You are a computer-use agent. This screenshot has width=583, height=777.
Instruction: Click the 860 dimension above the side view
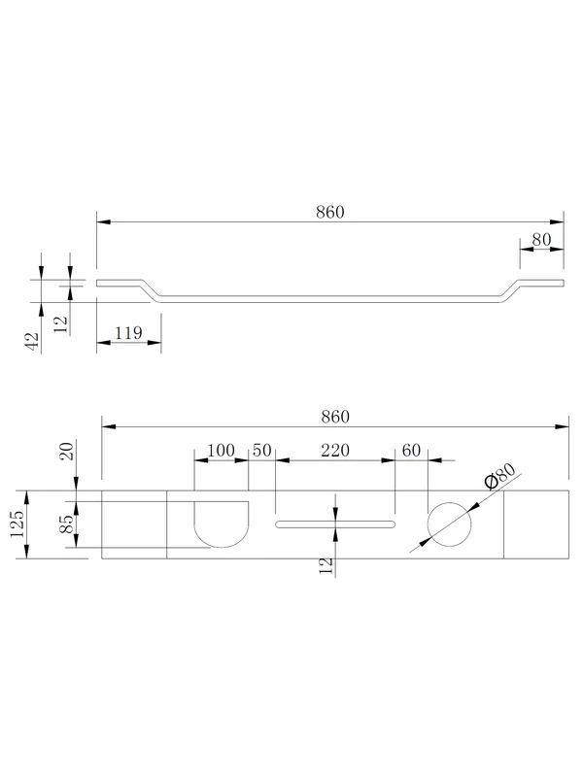click(330, 212)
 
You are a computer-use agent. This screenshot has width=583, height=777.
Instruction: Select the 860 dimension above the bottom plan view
click(335, 417)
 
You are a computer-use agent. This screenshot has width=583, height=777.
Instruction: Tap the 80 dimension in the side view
click(541, 240)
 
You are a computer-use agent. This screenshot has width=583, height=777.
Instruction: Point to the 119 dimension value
click(128, 332)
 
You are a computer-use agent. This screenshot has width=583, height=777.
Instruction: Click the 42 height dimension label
click(32, 341)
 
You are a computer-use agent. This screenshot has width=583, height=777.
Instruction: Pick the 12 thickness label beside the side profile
click(60, 324)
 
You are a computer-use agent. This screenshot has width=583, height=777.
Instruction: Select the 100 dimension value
click(222, 451)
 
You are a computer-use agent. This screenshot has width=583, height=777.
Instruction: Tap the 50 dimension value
click(261, 451)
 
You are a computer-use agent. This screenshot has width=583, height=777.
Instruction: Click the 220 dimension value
click(335, 451)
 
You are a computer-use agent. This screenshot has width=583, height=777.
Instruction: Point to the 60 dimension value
click(411, 451)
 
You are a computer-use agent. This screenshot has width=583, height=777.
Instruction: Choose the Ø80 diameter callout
click(499, 477)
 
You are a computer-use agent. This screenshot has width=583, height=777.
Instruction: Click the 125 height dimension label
click(17, 524)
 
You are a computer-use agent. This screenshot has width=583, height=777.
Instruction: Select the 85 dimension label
click(66, 524)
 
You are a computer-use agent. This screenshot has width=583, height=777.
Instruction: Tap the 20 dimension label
click(66, 451)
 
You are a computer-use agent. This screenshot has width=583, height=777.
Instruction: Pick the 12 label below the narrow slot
click(326, 566)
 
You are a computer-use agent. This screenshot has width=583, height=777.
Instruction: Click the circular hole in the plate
click(449, 502)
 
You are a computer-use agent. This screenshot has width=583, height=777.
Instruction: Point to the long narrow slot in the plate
click(335, 522)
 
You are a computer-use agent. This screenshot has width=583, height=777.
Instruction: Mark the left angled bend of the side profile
click(151, 290)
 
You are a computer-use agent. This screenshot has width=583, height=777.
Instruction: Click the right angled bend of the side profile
click(511, 290)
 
